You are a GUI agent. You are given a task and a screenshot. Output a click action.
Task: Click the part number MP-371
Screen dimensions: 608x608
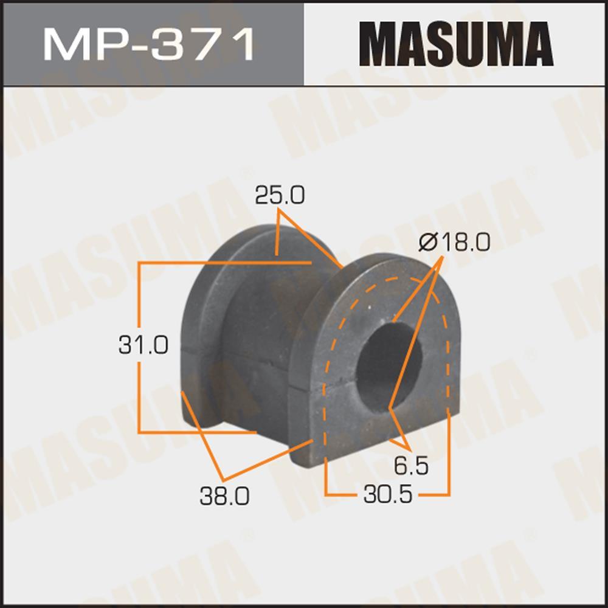click(148, 44)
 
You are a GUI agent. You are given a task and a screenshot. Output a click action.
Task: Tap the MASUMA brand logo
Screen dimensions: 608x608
click(456, 44)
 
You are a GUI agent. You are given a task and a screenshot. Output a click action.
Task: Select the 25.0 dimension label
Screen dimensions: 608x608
click(280, 195)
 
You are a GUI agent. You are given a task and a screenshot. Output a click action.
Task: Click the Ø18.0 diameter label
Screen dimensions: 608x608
click(454, 243)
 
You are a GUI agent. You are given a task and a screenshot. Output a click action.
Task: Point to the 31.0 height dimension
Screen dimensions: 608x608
click(143, 345)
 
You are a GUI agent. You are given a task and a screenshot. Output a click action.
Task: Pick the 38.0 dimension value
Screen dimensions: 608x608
click(224, 496)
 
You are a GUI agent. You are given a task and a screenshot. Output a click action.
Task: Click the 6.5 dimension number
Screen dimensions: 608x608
click(411, 466)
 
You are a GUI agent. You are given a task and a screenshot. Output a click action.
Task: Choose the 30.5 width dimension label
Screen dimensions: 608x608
click(388, 494)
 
